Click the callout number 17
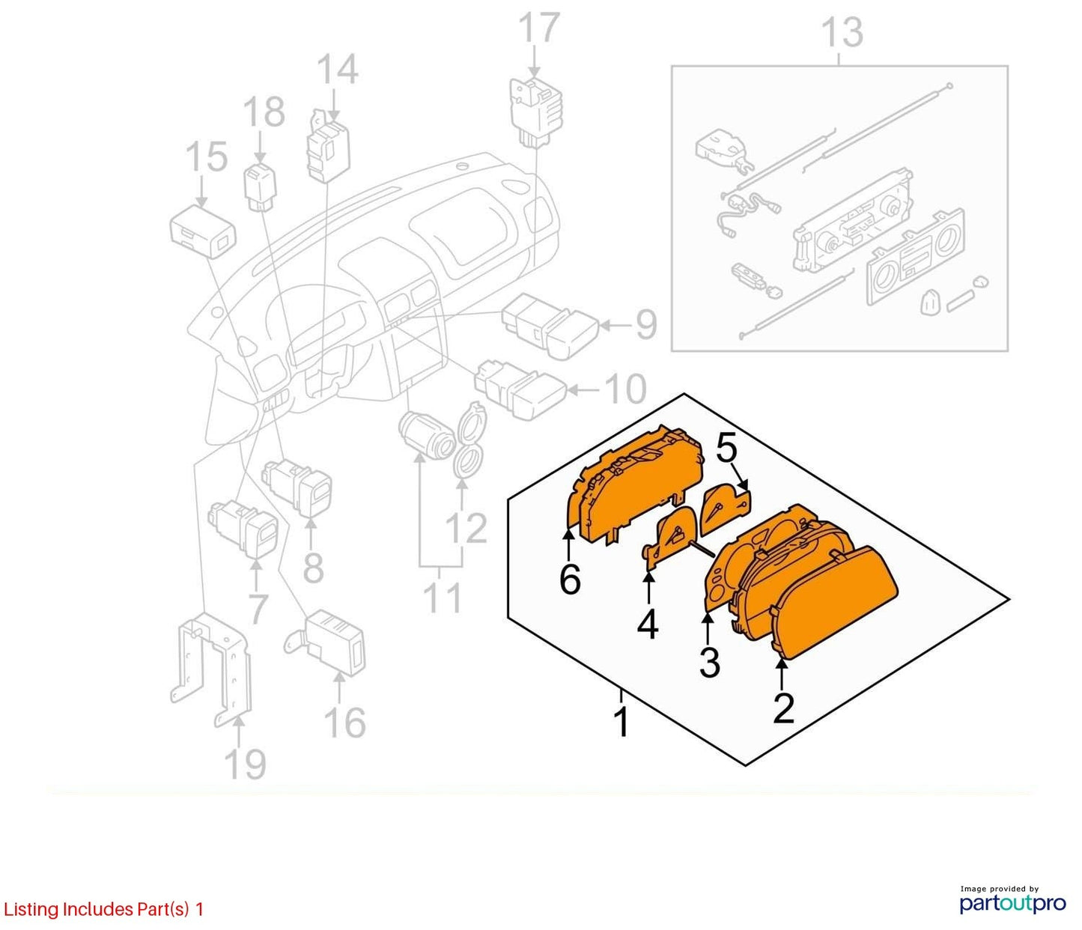tap(539, 28)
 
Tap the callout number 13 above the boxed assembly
tap(842, 32)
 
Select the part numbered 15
tap(203, 232)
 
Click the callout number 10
tap(625, 389)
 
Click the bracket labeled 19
tap(211, 669)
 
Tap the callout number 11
tap(443, 598)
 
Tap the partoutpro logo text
tap(1013, 903)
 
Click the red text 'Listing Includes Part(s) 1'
tap(103, 909)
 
